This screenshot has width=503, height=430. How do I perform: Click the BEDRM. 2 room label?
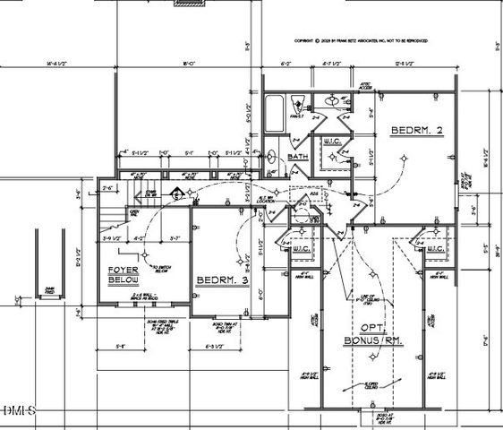[417, 131]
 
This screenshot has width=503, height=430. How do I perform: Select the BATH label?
[296, 158]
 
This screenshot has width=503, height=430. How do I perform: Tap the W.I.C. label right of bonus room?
[437, 248]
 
